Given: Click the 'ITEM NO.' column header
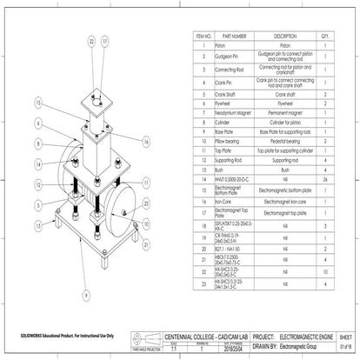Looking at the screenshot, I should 203,37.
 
